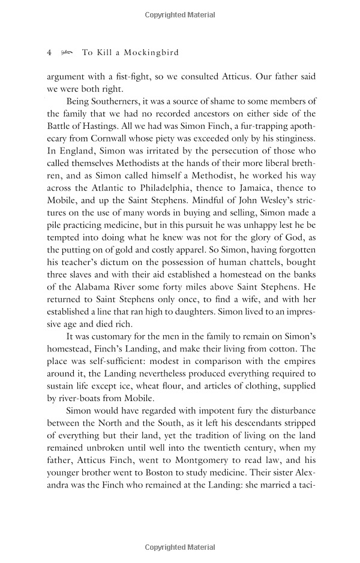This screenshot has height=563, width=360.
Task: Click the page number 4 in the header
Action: [x=49, y=53]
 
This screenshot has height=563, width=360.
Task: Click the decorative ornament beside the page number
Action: [x=66, y=53]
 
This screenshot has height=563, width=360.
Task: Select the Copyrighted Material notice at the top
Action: [x=179, y=14]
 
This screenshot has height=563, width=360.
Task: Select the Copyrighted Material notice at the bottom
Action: [x=179, y=547]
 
